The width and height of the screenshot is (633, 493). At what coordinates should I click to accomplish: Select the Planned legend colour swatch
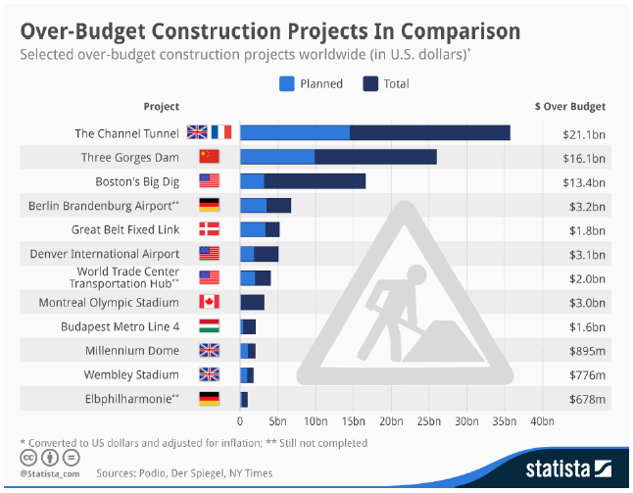tap(286, 83)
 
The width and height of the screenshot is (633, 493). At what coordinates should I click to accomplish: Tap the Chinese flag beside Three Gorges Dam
tap(210, 157)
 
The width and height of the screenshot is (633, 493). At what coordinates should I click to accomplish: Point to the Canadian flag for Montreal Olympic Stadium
tap(210, 302)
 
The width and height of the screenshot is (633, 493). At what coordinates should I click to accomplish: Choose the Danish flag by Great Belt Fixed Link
tap(210, 229)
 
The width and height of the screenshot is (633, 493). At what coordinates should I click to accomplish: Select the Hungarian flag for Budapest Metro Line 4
tap(210, 326)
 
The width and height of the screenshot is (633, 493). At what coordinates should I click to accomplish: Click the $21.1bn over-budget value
tap(585, 132)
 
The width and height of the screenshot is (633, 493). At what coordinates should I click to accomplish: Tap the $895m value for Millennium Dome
tap(585, 351)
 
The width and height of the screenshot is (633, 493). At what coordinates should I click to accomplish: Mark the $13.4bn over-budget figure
tap(585, 180)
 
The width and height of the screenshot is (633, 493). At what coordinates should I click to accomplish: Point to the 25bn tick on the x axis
tap(428, 421)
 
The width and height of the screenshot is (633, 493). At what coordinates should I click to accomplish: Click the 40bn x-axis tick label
tap(541, 421)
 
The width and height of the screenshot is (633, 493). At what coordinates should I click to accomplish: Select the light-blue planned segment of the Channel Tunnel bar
tap(295, 132)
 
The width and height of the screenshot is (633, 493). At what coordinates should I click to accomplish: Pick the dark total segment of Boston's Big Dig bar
tap(315, 180)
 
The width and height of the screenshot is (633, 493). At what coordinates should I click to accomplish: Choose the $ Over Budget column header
tap(569, 106)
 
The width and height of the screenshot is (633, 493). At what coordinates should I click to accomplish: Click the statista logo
tap(563, 464)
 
